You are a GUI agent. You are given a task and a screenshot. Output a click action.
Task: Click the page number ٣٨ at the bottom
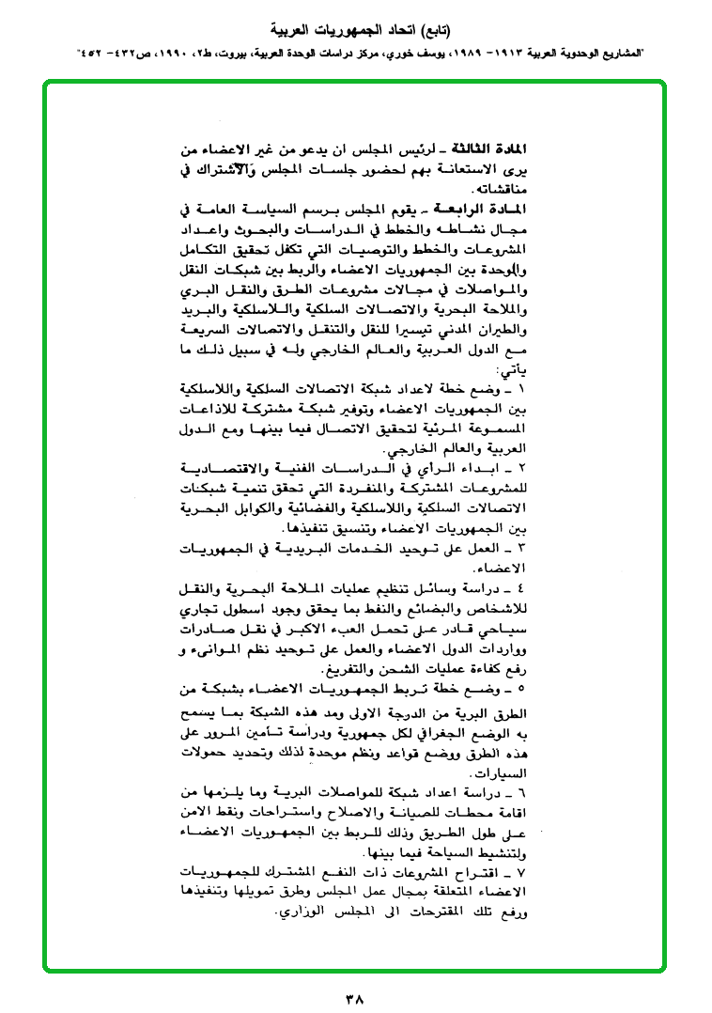(x=355, y=991)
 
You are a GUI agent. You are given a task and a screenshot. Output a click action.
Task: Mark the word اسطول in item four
(x=279, y=610)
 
